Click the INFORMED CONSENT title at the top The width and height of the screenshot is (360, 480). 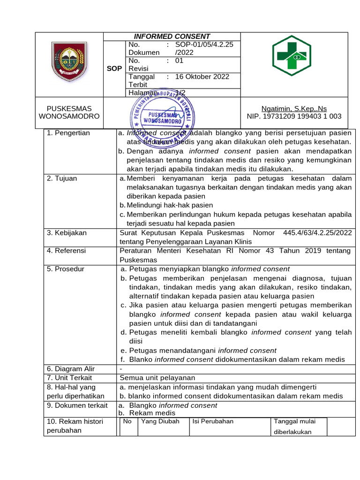(172, 37)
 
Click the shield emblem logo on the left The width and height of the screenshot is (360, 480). (69, 61)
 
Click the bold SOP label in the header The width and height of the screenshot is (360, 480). (114, 68)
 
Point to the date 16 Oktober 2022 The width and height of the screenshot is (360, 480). (202, 77)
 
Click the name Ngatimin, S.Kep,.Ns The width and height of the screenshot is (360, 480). (294, 109)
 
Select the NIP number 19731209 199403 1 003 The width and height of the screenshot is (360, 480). (294, 116)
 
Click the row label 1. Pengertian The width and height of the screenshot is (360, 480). (68, 133)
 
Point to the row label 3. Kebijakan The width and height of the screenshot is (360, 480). (67, 232)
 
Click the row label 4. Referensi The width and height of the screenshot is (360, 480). (67, 251)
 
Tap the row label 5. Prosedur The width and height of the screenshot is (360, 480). (66, 269)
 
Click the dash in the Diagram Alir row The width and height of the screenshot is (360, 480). (121, 369)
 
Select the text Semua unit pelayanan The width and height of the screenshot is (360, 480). (157, 378)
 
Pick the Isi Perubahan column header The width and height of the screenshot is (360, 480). (213, 421)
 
